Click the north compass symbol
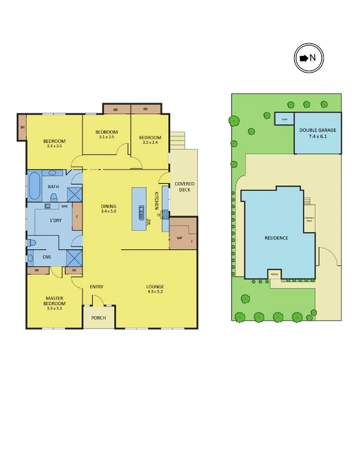click(308, 58)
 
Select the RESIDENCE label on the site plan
click(277, 238)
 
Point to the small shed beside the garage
click(284, 119)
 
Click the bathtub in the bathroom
click(34, 187)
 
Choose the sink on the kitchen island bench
click(142, 210)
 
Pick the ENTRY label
click(97, 287)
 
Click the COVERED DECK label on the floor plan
click(184, 187)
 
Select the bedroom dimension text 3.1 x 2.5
click(107, 137)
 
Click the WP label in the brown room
click(179, 238)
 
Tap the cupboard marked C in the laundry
click(77, 217)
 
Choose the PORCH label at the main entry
click(99, 318)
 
